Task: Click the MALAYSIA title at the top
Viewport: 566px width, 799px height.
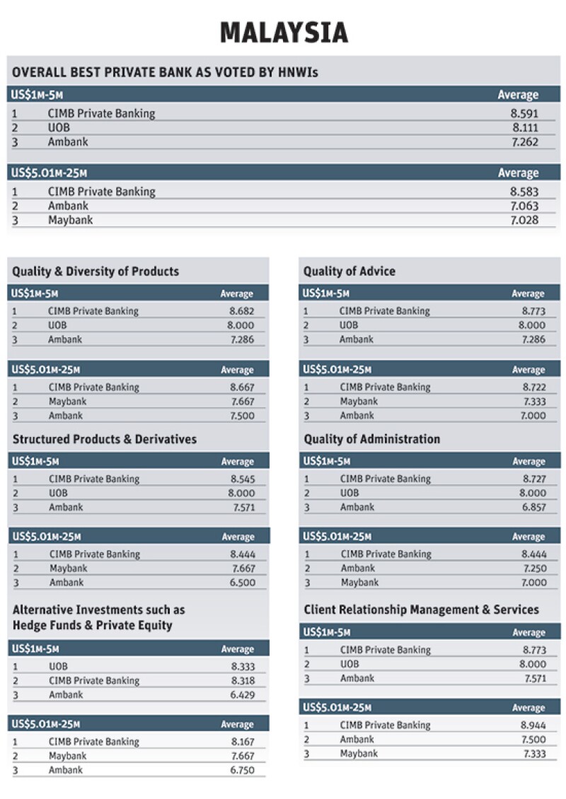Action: click(x=283, y=33)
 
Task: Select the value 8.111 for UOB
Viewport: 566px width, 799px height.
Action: click(x=525, y=128)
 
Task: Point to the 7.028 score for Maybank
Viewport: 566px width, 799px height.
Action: click(x=525, y=220)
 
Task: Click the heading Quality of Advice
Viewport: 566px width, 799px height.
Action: click(x=350, y=272)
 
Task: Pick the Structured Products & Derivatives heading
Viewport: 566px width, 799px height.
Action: click(x=105, y=439)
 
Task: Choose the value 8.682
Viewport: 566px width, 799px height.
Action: click(x=241, y=311)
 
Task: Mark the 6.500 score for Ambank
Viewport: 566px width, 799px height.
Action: click(x=242, y=583)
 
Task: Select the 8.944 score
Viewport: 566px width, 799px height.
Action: click(x=533, y=725)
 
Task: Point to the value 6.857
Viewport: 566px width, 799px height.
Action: click(x=533, y=507)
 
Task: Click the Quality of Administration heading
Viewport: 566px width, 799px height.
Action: click(x=372, y=439)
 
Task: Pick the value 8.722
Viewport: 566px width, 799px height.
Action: click(x=533, y=387)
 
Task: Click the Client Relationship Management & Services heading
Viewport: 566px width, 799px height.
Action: click(x=422, y=610)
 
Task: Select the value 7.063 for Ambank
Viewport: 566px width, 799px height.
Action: click(x=525, y=206)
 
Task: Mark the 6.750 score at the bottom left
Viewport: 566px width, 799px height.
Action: click(x=242, y=770)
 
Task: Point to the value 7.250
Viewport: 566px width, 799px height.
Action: click(x=533, y=568)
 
